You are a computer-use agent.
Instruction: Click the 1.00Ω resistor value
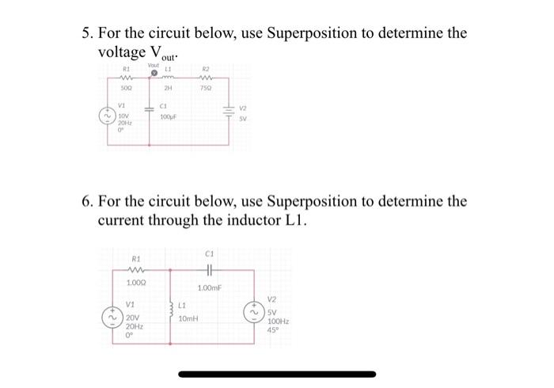[x=136, y=283]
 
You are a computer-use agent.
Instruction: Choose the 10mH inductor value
[x=188, y=318]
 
